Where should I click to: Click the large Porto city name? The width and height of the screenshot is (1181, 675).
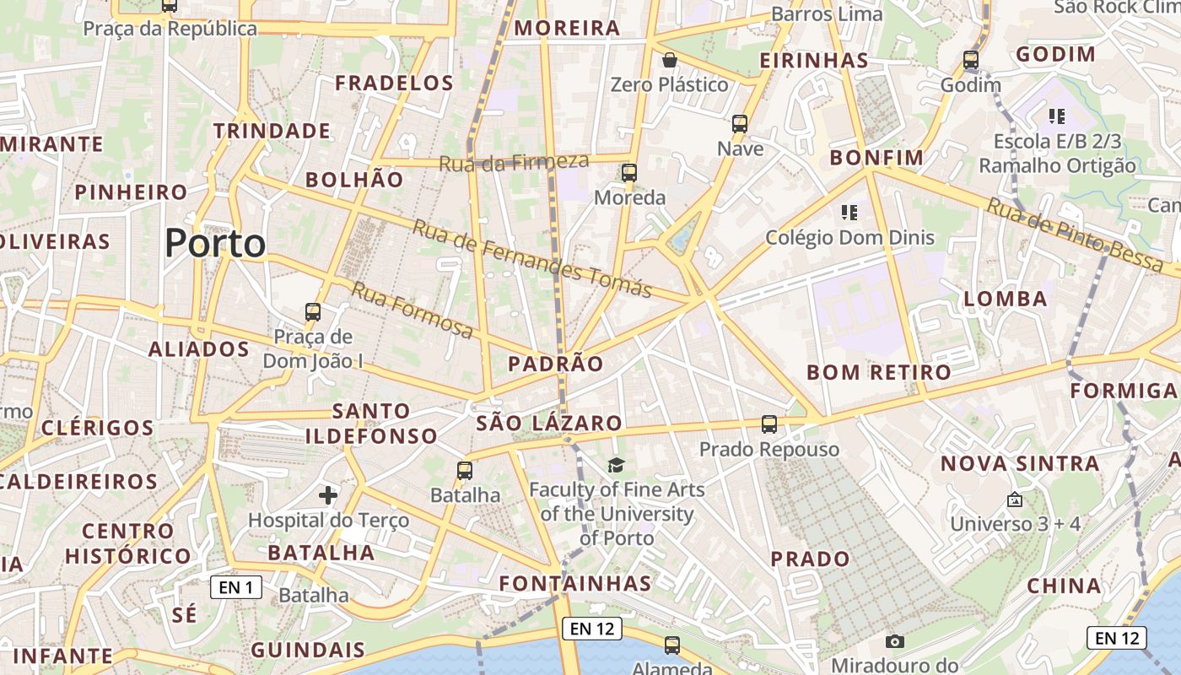pyautogui.click(x=215, y=244)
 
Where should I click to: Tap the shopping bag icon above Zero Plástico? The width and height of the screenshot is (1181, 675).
pyautogui.click(x=669, y=60)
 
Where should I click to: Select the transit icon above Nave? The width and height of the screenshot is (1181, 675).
pyautogui.click(x=740, y=124)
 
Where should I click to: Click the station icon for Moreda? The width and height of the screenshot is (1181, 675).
pyautogui.click(x=629, y=173)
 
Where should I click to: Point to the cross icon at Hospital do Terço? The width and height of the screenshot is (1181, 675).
pyautogui.click(x=328, y=494)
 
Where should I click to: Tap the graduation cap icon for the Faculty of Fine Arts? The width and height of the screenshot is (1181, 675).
pyautogui.click(x=617, y=465)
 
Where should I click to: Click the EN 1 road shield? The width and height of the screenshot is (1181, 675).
pyautogui.click(x=235, y=587)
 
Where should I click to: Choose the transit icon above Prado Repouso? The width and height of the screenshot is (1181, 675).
pyautogui.click(x=768, y=424)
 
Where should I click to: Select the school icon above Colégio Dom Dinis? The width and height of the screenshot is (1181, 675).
pyautogui.click(x=849, y=212)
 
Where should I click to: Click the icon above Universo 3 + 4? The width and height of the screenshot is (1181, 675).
pyautogui.click(x=1015, y=499)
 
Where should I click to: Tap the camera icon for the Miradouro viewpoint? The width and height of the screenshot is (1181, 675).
pyautogui.click(x=895, y=641)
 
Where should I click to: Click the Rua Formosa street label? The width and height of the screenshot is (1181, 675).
pyautogui.click(x=413, y=310)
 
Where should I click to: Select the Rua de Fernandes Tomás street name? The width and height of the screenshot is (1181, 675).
pyautogui.click(x=532, y=258)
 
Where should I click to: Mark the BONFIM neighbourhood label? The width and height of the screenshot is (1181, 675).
pyautogui.click(x=876, y=158)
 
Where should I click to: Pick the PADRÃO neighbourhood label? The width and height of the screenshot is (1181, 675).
pyautogui.click(x=556, y=364)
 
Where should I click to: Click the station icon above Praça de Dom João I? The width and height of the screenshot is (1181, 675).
pyautogui.click(x=313, y=312)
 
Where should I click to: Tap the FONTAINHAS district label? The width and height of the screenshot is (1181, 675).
pyautogui.click(x=575, y=583)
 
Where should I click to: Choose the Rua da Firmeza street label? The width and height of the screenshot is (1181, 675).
pyautogui.click(x=514, y=162)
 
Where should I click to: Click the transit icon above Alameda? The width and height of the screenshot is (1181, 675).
pyautogui.click(x=671, y=645)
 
